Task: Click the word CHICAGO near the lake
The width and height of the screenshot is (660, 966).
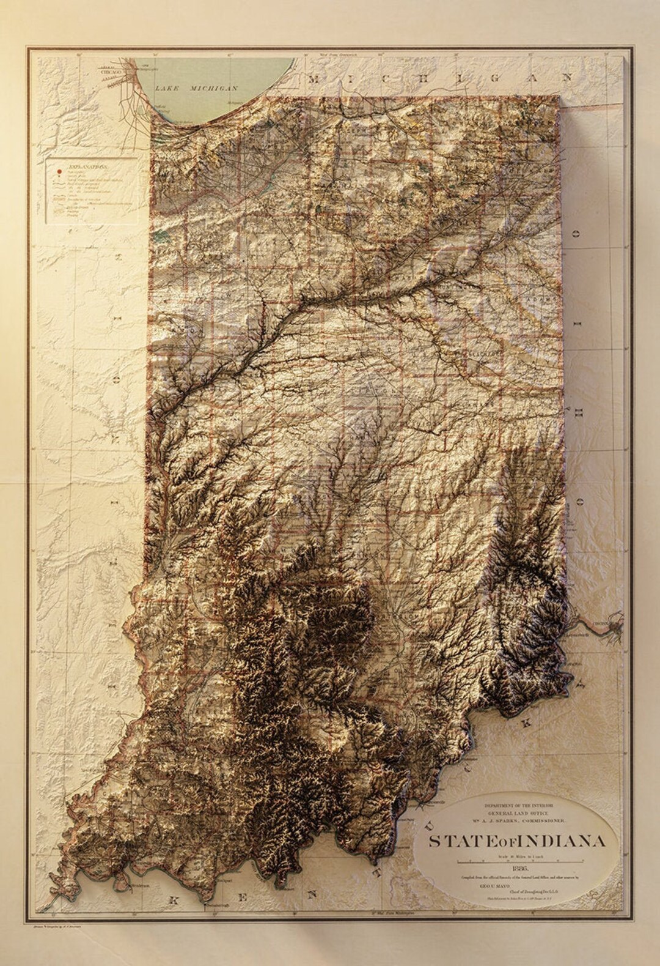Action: (111, 72)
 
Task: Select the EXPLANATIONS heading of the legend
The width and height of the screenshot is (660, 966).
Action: (88, 166)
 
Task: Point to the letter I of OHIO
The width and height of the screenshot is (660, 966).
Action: (575, 404)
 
